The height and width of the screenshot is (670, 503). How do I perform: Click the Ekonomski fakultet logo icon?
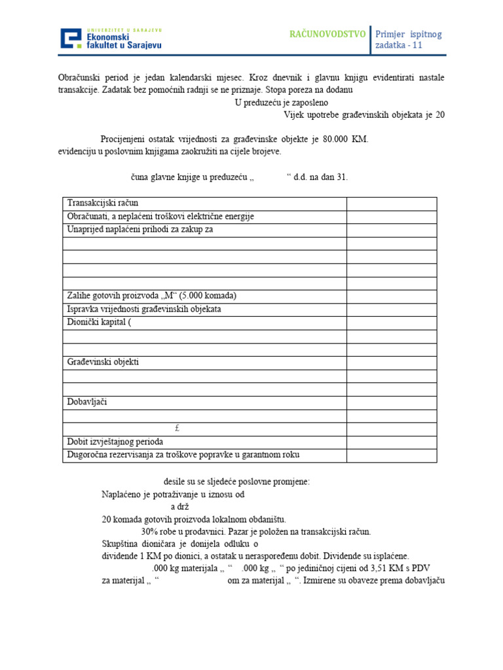pyautogui.click(x=72, y=39)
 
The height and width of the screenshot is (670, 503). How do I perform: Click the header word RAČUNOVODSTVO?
pyautogui.click(x=327, y=34)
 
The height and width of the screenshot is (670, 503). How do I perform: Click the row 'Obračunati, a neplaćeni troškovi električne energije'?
pyautogui.click(x=160, y=217)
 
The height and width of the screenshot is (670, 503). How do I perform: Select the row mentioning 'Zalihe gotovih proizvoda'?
pyautogui.click(x=151, y=296)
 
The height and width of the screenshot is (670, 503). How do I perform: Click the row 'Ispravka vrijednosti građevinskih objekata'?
pyautogui.click(x=144, y=309)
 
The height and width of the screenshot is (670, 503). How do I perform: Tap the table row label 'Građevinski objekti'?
pyautogui.click(x=103, y=362)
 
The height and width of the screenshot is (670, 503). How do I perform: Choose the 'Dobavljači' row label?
pyautogui.click(x=87, y=402)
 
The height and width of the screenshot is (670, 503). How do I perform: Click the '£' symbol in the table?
pyautogui.click(x=177, y=429)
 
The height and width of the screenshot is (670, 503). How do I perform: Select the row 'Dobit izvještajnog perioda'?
pyautogui.click(x=115, y=442)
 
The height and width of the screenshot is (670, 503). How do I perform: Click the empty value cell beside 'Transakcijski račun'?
pyautogui.click(x=391, y=203)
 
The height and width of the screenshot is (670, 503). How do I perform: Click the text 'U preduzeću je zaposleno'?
pyautogui.click(x=282, y=103)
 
